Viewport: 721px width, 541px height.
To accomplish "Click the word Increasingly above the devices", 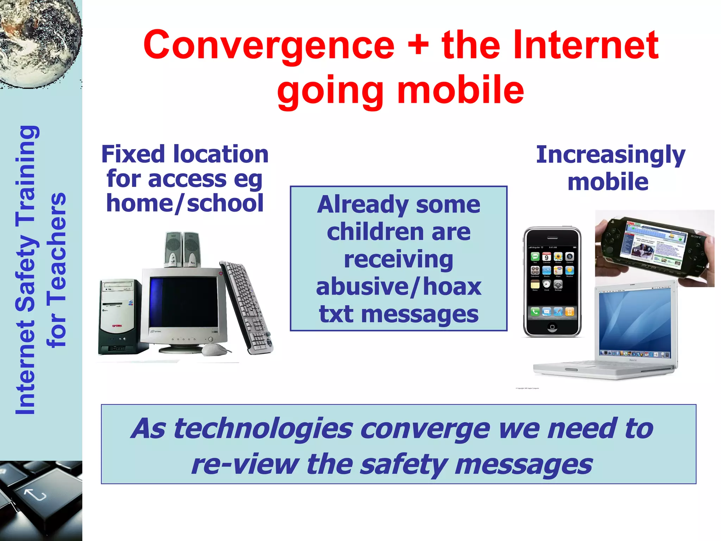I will pos(610,155).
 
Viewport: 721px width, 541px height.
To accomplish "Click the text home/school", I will pos(185,204).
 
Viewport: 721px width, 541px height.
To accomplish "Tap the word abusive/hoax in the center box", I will pos(398,287).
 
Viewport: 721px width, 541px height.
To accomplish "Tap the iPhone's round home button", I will pos(552,327).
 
